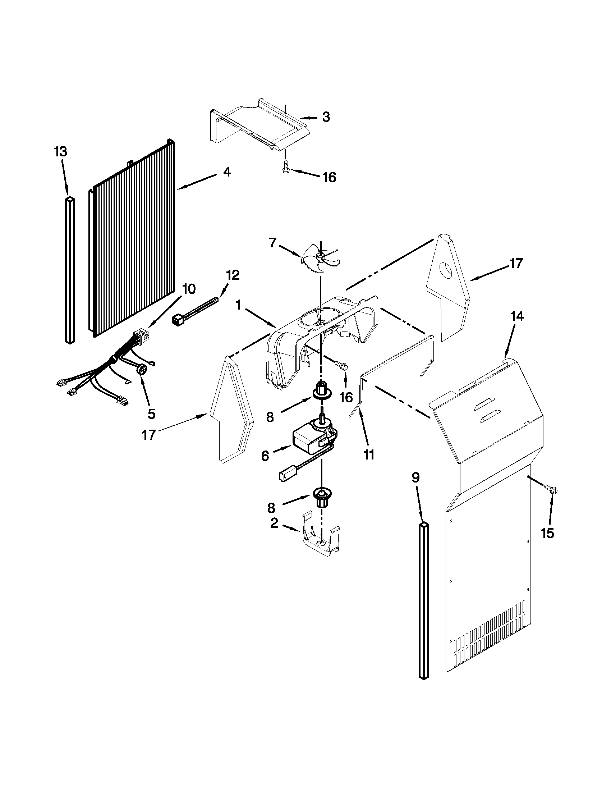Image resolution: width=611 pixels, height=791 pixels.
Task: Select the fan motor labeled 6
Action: tap(311, 440)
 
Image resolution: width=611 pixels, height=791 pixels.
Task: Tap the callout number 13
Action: tap(60, 151)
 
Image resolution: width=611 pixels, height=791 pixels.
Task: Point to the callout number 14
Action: tap(516, 316)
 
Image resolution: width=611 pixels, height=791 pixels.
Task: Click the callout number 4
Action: tap(226, 172)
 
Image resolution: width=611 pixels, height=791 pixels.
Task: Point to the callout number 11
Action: tap(369, 454)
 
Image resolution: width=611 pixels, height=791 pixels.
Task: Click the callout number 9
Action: tap(415, 478)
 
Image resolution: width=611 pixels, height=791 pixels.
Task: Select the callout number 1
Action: tap(238, 305)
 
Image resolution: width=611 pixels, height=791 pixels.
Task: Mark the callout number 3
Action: tap(326, 117)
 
